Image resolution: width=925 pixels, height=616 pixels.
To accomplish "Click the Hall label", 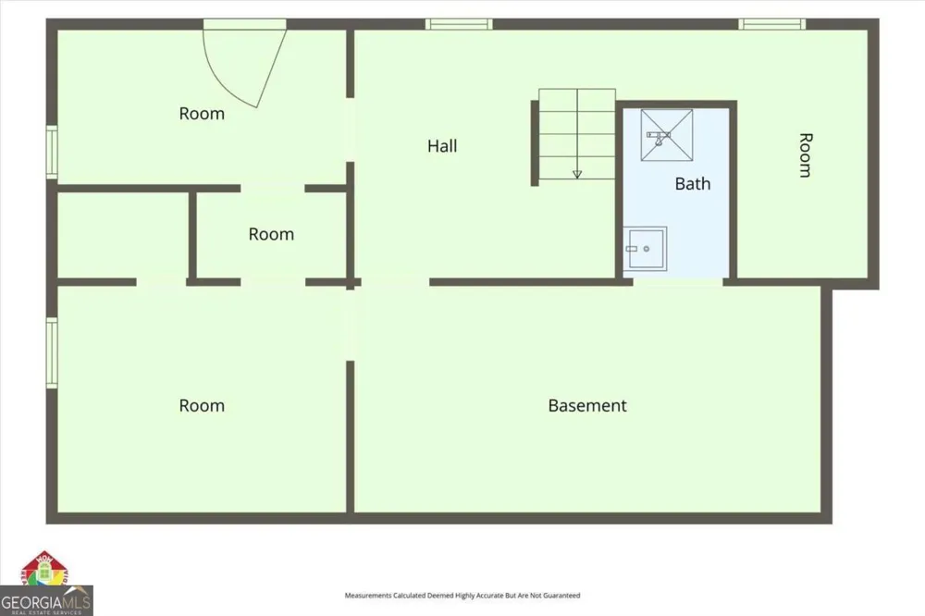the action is pyautogui.click(x=442, y=146).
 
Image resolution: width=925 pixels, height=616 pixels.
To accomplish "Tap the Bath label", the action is pyautogui.click(x=693, y=183).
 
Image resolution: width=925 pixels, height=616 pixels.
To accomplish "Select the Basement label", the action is pyautogui.click(x=587, y=405).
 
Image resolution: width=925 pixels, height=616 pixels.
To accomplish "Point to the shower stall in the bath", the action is pyautogui.click(x=667, y=134).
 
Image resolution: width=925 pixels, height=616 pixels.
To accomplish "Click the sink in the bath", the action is pyautogui.click(x=646, y=249).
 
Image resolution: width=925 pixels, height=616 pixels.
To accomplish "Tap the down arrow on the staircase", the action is pyautogui.click(x=577, y=174).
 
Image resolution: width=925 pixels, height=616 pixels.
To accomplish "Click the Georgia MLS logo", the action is pyautogui.click(x=46, y=584).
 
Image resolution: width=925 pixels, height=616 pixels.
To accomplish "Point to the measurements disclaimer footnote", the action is pyautogui.click(x=462, y=596).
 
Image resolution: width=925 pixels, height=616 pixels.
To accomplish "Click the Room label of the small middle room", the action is pyautogui.click(x=271, y=234).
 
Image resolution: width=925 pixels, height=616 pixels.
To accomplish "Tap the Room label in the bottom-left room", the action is pyautogui.click(x=202, y=405).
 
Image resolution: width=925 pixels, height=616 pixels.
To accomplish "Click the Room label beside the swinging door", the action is pyautogui.click(x=202, y=113).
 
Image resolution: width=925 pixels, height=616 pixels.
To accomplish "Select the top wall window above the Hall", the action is pyautogui.click(x=459, y=24).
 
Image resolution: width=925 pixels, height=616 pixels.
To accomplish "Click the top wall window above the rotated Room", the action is pyautogui.click(x=772, y=24).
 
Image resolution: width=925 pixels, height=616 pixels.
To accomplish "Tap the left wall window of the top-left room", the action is pyautogui.click(x=52, y=152).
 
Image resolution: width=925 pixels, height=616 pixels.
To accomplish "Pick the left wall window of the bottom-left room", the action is pyautogui.click(x=52, y=352).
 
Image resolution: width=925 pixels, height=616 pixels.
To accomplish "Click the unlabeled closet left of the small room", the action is pyautogui.click(x=123, y=235).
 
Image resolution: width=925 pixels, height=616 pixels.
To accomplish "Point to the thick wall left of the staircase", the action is pyautogui.click(x=535, y=143).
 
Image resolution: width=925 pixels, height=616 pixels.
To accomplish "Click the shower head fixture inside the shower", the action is pyautogui.click(x=659, y=138).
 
